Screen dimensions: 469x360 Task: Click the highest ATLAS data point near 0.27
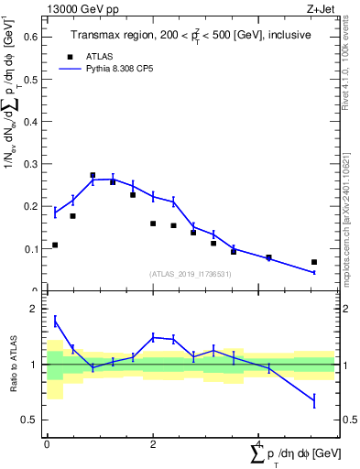coord(93,175)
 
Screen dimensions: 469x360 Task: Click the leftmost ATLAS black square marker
coord(55,245)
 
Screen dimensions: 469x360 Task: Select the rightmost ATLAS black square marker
coord(314,262)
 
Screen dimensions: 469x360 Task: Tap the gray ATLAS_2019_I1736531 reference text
coord(191,274)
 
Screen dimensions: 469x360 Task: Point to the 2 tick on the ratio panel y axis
coord(37,309)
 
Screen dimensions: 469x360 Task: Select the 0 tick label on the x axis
coord(47,443)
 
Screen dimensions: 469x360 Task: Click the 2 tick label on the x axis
coord(153,443)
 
